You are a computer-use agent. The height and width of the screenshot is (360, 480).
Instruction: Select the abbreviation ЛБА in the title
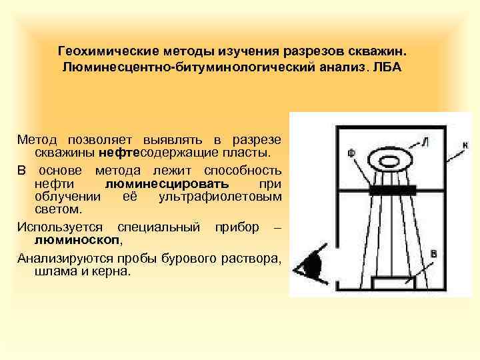tap(388, 69)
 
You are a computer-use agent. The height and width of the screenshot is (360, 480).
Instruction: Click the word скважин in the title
tap(387, 51)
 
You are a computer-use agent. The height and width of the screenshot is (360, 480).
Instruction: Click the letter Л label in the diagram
tap(425, 142)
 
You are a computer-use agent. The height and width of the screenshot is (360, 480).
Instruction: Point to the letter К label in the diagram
tap(465, 144)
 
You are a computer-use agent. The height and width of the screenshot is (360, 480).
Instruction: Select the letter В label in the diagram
tap(433, 254)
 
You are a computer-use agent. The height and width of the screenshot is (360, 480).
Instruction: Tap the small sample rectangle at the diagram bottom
tap(392, 283)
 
